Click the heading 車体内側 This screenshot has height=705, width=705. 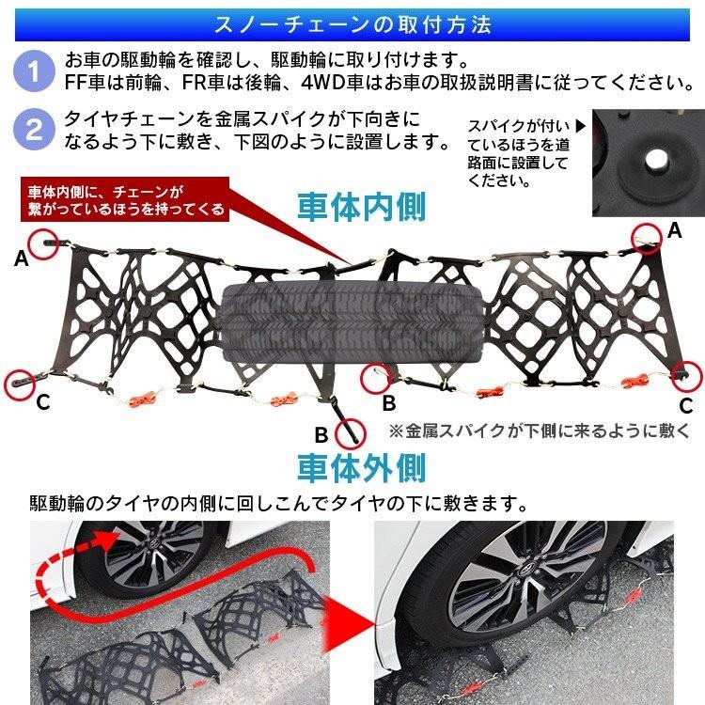point(362,206)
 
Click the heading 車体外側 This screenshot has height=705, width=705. point(362,467)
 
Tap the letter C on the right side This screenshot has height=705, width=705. point(686,406)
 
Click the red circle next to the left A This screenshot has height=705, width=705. point(44,243)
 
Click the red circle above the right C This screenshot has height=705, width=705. point(688,372)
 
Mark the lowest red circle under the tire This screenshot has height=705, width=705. point(349,431)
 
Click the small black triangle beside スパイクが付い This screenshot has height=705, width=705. point(580,124)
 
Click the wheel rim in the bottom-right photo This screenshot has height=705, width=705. point(512,602)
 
